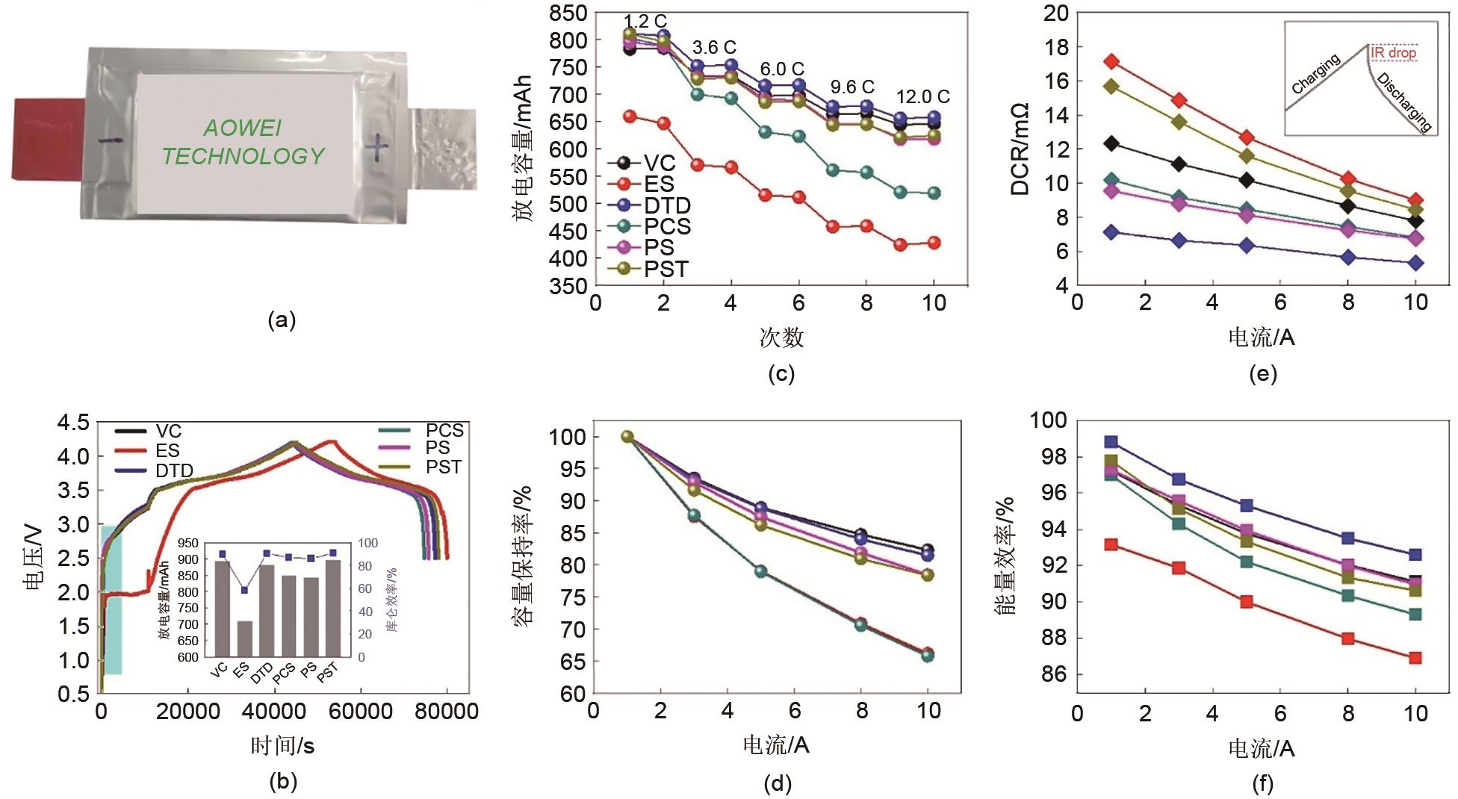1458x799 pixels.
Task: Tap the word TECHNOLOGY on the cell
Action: (243, 156)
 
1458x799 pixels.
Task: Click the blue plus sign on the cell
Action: (378, 147)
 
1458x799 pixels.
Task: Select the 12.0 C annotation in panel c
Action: (923, 97)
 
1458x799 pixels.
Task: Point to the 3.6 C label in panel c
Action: (714, 48)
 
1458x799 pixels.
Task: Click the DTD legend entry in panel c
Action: (666, 206)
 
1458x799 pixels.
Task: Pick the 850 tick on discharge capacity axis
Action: (568, 13)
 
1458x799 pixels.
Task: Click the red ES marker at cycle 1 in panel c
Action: (630, 116)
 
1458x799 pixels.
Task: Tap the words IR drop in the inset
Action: (1394, 53)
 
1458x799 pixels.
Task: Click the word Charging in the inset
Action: (1316, 74)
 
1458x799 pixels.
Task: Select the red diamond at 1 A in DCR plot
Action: (1111, 61)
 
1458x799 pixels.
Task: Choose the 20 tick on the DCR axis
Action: (1055, 13)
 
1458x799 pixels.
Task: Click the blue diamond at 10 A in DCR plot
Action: (1415, 263)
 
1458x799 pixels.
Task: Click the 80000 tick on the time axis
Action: (447, 712)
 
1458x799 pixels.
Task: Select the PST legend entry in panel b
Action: (444, 467)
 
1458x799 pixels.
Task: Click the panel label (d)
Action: (778, 783)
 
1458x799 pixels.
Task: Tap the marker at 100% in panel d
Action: (627, 437)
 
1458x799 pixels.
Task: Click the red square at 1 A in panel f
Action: (1111, 544)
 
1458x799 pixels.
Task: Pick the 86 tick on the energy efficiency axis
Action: (1052, 674)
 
